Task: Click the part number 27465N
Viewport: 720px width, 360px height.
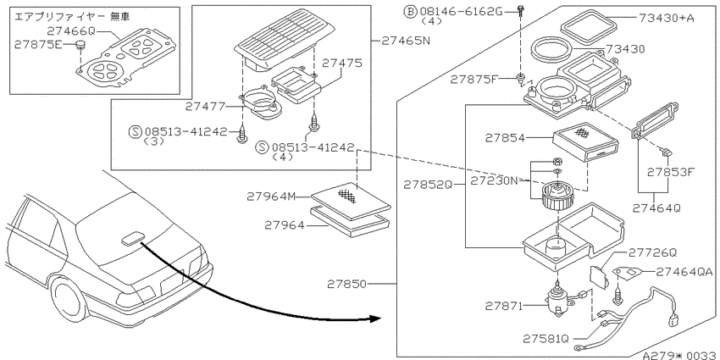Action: (406, 41)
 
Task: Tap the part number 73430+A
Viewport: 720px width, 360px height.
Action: (667, 18)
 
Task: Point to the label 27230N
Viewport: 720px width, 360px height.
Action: (493, 180)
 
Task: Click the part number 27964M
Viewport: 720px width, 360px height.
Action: (271, 197)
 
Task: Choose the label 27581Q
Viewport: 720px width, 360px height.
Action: (546, 339)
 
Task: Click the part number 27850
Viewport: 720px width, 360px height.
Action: (347, 285)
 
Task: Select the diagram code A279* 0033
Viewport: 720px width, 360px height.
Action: (680, 355)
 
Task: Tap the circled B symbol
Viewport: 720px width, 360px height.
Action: (410, 12)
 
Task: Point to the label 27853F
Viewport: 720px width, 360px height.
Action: (672, 172)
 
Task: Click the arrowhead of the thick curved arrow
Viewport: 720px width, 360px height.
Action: (374, 318)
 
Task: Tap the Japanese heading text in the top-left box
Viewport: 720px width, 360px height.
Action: (73, 17)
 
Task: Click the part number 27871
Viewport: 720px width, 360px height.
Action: (504, 306)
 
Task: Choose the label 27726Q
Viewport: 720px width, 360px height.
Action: (652, 252)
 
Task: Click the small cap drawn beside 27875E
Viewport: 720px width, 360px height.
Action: (80, 45)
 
